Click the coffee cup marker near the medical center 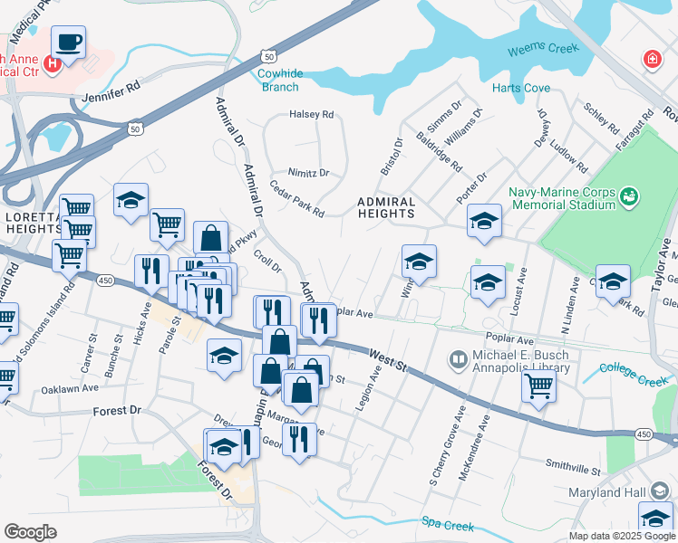69,42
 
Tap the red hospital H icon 53,63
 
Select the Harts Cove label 521,89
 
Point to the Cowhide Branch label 278,80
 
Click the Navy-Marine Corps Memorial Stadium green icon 628,195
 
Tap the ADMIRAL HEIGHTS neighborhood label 386,208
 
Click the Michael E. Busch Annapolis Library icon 460,362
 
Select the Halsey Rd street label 311,115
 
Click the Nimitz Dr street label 308,172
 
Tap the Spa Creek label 448,522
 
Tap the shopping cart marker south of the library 539,386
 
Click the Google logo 30,532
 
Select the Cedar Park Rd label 296,199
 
